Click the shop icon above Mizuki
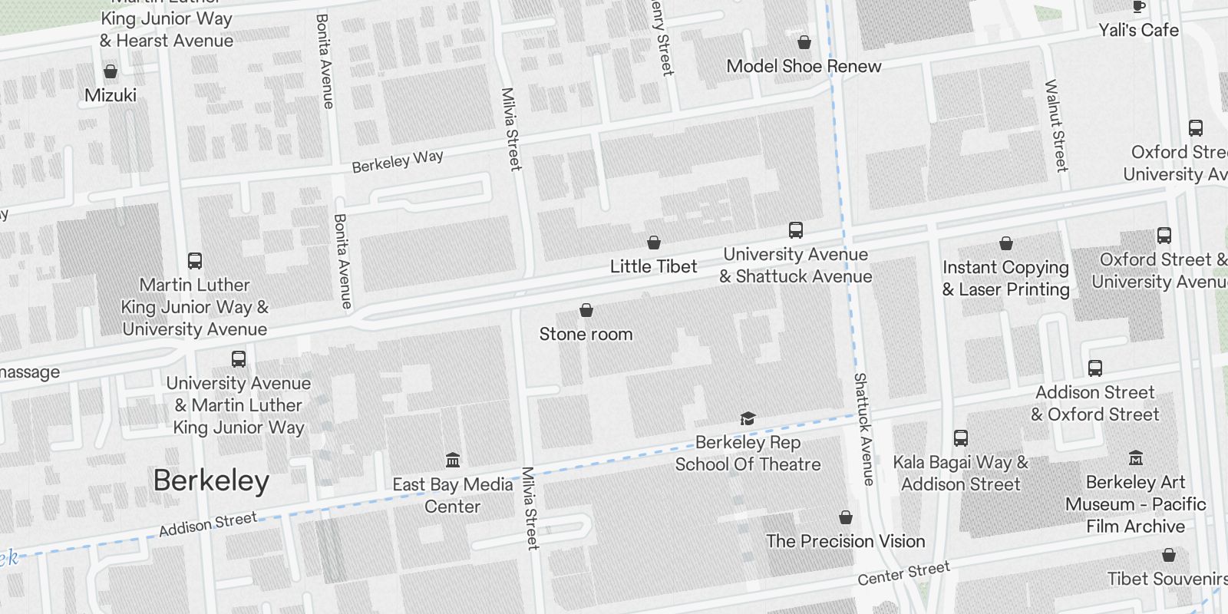click(111, 71)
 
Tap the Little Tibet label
click(653, 266)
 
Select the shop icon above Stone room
click(586, 310)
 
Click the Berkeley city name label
click(211, 481)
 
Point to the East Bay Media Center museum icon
click(453, 460)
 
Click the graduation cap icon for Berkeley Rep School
click(748, 418)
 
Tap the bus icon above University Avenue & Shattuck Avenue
click(796, 230)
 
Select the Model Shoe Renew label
click(804, 66)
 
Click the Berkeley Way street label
click(398, 161)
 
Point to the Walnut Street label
click(1056, 125)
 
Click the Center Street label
click(903, 573)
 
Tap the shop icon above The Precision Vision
click(846, 517)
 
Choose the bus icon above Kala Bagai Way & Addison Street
click(960, 438)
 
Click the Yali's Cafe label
click(1138, 30)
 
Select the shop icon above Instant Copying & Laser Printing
click(1005, 243)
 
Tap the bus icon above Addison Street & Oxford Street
click(1095, 368)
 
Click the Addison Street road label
click(207, 524)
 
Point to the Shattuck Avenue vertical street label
click(863, 429)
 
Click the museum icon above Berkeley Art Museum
click(1136, 458)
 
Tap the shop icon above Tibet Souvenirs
click(1169, 555)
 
